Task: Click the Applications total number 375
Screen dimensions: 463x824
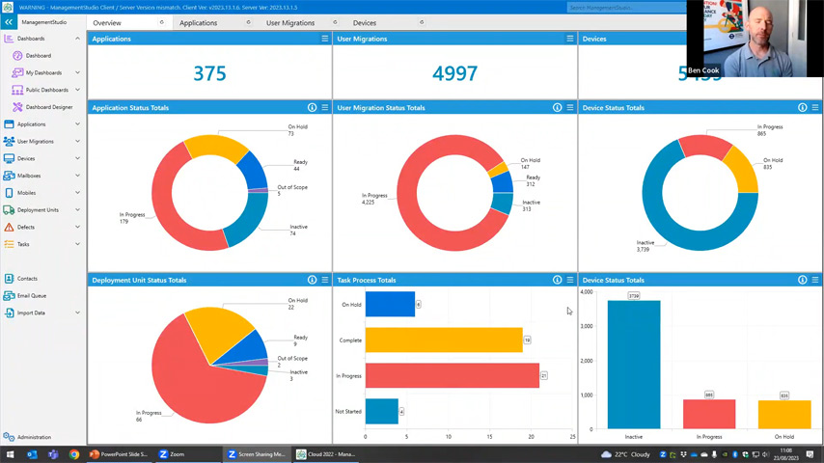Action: (209, 74)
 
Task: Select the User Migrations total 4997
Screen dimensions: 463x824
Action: (454, 74)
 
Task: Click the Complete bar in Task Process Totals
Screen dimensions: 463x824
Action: (444, 340)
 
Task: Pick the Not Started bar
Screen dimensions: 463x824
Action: (381, 411)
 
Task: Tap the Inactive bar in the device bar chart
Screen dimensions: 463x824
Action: (634, 364)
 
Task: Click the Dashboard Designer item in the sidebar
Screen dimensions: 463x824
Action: (48, 107)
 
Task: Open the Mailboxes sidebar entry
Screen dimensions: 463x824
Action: (28, 176)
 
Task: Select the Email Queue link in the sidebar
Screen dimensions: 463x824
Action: (31, 295)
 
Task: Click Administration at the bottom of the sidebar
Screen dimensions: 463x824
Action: (33, 437)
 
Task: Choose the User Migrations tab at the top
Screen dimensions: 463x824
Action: (290, 22)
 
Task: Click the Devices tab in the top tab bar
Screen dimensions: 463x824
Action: (365, 22)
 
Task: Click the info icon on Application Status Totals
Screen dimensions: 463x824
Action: (312, 108)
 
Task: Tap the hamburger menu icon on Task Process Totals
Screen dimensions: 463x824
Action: (570, 280)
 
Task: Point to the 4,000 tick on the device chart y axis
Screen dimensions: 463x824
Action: (587, 291)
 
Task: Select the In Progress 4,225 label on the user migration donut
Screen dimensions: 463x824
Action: (374, 199)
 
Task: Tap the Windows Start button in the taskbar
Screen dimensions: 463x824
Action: (11, 454)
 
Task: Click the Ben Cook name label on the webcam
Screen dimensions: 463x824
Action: (702, 70)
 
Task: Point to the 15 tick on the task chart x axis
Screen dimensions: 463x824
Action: (489, 437)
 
